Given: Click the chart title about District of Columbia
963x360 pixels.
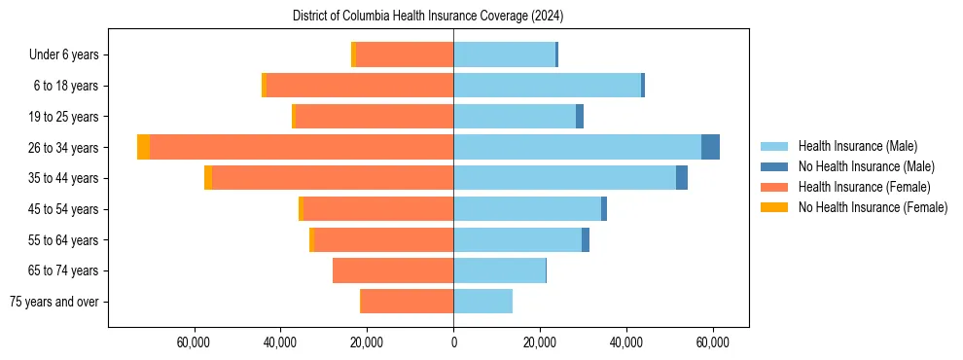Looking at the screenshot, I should (x=428, y=17).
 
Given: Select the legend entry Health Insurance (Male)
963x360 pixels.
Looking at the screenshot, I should (x=856, y=146).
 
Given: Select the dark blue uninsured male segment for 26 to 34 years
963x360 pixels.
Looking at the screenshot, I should (x=710, y=147).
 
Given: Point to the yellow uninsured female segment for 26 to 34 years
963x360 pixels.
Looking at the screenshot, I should (x=143, y=147).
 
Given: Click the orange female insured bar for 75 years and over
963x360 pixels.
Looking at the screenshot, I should (x=407, y=302).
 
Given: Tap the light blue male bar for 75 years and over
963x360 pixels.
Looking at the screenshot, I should (x=482, y=302).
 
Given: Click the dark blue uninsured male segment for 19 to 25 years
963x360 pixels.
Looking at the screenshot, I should (x=580, y=117).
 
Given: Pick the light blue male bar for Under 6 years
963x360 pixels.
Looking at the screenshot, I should (x=504, y=54).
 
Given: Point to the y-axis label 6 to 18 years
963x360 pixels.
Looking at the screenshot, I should (x=66, y=86).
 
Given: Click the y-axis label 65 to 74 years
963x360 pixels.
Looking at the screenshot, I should (x=64, y=270).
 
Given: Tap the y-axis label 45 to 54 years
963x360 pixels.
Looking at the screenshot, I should (x=64, y=209).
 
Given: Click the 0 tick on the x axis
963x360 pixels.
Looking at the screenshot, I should (x=453, y=343).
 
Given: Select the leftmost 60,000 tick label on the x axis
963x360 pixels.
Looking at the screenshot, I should (x=195, y=343).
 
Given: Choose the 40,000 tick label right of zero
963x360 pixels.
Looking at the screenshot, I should (x=626, y=343).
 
